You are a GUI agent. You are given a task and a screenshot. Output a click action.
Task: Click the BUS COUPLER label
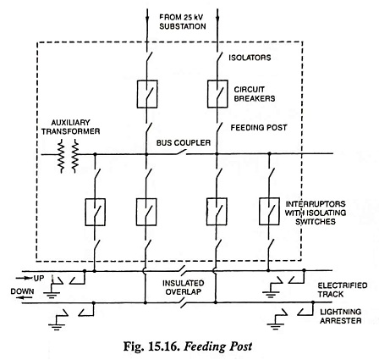point(184,142)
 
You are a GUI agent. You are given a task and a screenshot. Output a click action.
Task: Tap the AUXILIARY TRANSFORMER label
point(70,127)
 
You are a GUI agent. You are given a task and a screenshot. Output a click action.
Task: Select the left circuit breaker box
point(147,94)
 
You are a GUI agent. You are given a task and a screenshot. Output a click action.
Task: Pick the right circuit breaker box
point(217,94)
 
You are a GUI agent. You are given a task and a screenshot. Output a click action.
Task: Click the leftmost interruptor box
point(96,212)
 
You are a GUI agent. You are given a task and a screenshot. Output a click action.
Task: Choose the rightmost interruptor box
point(269,212)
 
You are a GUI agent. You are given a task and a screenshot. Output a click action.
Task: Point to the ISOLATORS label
point(250,58)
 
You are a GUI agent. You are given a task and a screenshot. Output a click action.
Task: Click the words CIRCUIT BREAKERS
point(255,94)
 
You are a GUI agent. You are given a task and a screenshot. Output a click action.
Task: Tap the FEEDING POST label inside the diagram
point(259,128)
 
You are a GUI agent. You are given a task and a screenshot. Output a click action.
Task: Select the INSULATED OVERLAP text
point(184,287)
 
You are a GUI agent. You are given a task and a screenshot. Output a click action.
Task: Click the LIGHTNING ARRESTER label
point(341,316)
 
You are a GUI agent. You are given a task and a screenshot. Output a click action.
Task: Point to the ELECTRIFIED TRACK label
point(343,290)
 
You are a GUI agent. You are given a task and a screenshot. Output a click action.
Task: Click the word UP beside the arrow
point(39,278)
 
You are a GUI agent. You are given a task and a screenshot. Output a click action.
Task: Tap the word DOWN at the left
point(22,291)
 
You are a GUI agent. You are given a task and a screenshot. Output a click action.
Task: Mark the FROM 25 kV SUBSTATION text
point(183,22)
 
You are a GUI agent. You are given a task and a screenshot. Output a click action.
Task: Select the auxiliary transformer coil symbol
point(68,156)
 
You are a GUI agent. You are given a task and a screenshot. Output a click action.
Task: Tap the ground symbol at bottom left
point(57,326)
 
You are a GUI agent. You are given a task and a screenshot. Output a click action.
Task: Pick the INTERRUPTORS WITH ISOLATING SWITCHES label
point(316,213)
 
